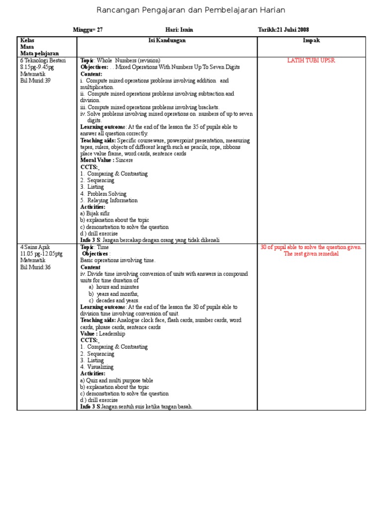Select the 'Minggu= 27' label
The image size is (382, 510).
pos(88,30)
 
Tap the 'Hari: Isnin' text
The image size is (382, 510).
pos(179,30)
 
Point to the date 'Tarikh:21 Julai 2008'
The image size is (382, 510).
pos(286,30)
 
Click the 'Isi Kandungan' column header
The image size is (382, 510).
pos(167,40)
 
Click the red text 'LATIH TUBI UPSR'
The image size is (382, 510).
pos(311,60)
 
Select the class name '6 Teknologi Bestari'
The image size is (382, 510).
pos(43,60)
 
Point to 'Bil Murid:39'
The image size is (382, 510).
pos(35,80)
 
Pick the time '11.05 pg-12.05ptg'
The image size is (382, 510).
pos(41,254)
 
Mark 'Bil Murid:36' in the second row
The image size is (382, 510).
pos(35,267)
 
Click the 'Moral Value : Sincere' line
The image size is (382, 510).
pos(106,160)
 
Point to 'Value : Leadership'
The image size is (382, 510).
pos(102,334)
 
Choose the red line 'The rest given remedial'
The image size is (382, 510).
pos(311,254)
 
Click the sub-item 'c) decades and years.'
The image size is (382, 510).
pos(114,300)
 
